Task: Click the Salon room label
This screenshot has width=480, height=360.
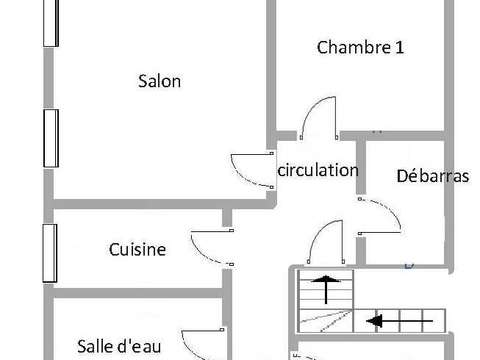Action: coord(159,82)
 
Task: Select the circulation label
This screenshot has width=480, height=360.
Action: coord(317,170)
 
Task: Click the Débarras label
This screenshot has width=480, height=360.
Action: coord(433,176)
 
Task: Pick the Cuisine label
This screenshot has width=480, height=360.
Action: coord(137,250)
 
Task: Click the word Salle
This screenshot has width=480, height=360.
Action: coord(98,346)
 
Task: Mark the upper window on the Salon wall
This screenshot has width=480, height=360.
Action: coord(47,22)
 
